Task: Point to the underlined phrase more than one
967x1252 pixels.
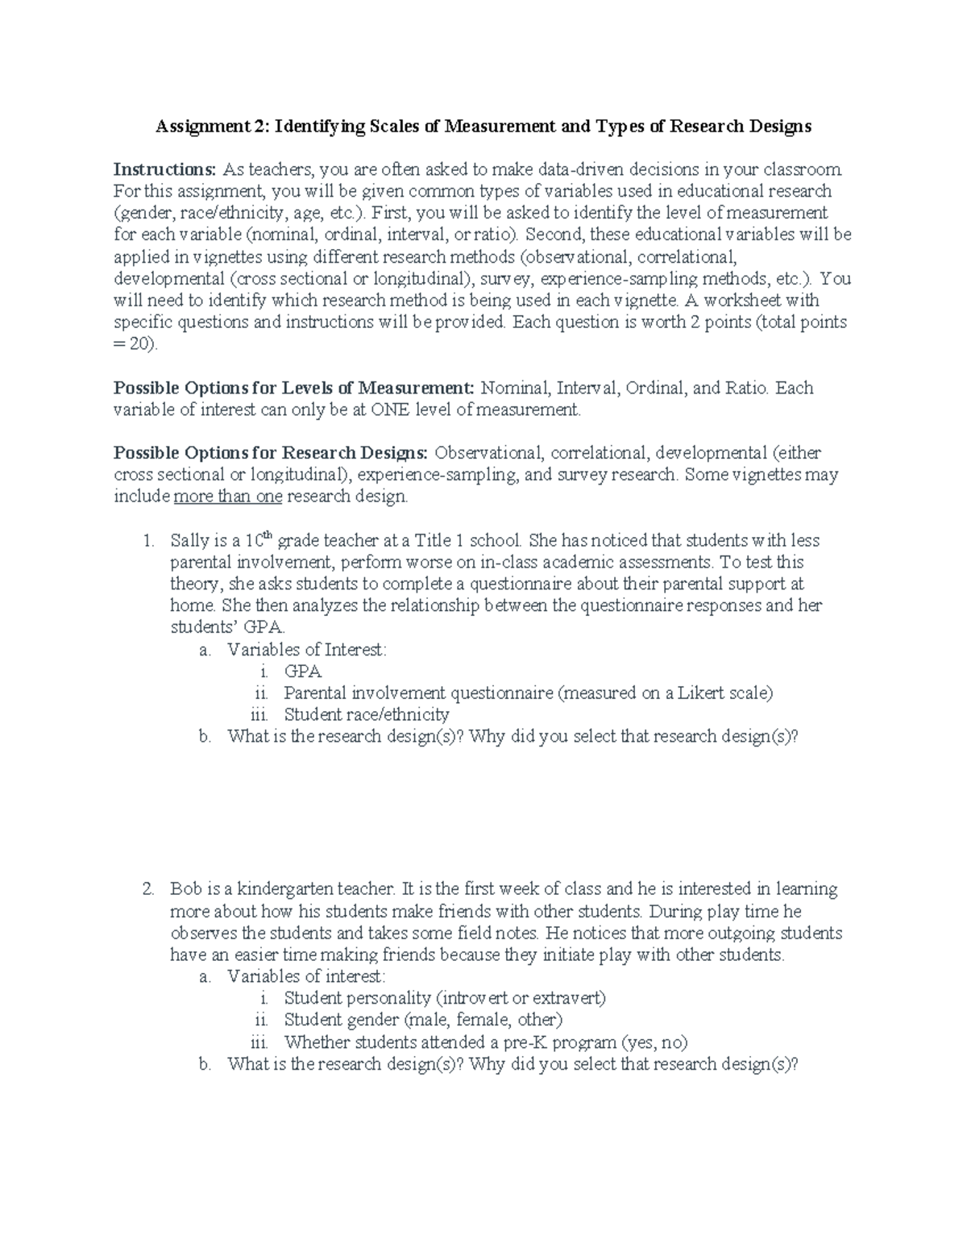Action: point(227,497)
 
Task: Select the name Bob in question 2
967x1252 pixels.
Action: point(185,889)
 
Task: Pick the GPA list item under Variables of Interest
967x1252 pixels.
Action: point(302,672)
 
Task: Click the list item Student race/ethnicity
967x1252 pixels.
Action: point(366,715)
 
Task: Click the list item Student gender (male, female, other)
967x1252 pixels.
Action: point(423,1020)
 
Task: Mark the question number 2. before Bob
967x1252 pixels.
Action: point(147,889)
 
